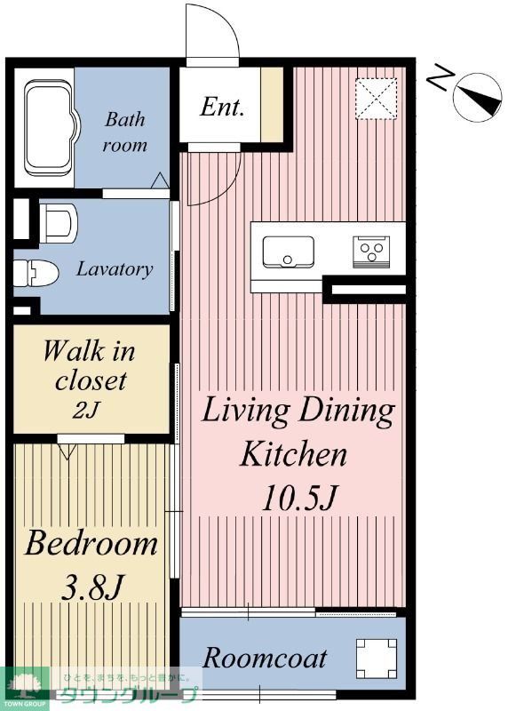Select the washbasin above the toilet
pyautogui.click(x=59, y=223)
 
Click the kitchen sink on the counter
pyautogui.click(x=289, y=252)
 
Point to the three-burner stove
pyautogui.click(x=371, y=252)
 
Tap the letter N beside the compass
pyautogui.click(x=440, y=77)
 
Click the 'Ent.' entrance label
pyautogui.click(x=222, y=107)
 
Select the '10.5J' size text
pyautogui.click(x=299, y=498)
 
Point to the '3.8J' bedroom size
pyautogui.click(x=92, y=587)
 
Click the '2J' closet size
pyautogui.click(x=85, y=410)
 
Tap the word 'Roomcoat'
pyautogui.click(x=265, y=658)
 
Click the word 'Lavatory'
pyautogui.click(x=115, y=269)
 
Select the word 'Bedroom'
pyautogui.click(x=91, y=543)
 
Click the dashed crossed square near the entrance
pyautogui.click(x=376, y=99)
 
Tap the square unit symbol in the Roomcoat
pyautogui.click(x=377, y=659)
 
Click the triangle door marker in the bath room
pyautogui.click(x=160, y=180)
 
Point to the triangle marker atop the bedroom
pyautogui.click(x=67, y=451)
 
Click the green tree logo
pyautogui.click(x=25, y=687)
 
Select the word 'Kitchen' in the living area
pyautogui.click(x=293, y=454)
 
